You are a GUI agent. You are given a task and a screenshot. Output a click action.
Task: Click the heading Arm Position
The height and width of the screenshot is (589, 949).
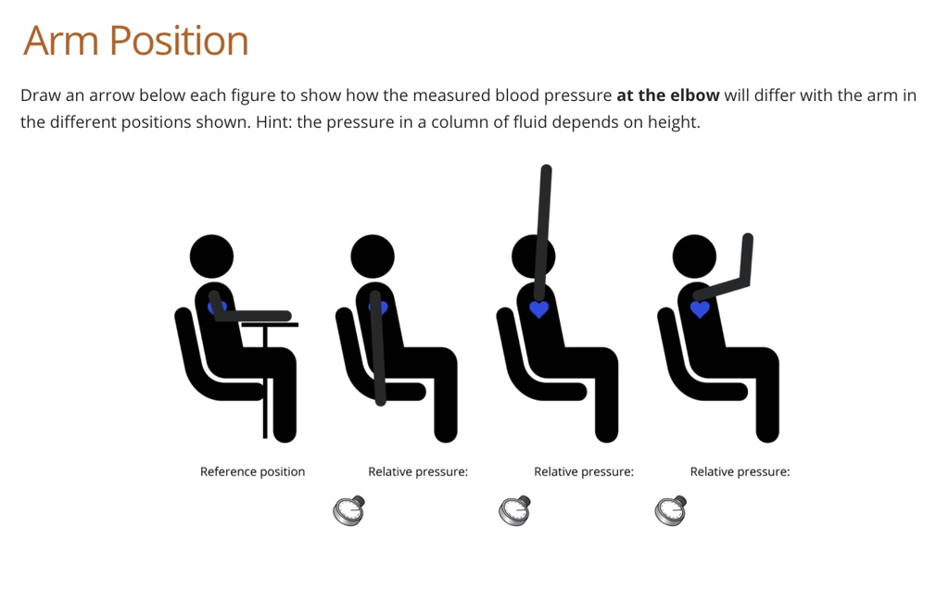tap(136, 41)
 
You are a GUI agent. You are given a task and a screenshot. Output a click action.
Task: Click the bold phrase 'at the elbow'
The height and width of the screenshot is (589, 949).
tap(667, 95)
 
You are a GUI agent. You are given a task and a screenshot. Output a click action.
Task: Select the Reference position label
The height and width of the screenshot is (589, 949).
tap(252, 471)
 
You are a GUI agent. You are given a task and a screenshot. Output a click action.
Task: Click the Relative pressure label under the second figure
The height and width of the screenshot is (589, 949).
tap(418, 471)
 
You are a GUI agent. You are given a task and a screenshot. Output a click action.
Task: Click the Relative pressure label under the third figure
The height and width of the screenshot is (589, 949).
tap(584, 471)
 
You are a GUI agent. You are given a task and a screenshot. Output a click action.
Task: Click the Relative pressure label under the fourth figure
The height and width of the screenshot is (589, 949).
tap(740, 471)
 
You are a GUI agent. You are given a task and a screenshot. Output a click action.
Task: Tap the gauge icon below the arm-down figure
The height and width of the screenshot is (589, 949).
tap(349, 510)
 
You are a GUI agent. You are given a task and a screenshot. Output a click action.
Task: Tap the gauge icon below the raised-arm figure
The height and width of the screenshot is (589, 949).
tap(515, 510)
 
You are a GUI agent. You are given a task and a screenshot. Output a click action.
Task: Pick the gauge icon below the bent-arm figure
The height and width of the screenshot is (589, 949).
tap(671, 510)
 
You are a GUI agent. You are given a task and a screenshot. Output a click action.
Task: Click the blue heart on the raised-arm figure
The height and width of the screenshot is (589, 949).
tap(539, 309)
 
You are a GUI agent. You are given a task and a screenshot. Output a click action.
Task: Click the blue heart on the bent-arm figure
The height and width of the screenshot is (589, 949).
tap(700, 309)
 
